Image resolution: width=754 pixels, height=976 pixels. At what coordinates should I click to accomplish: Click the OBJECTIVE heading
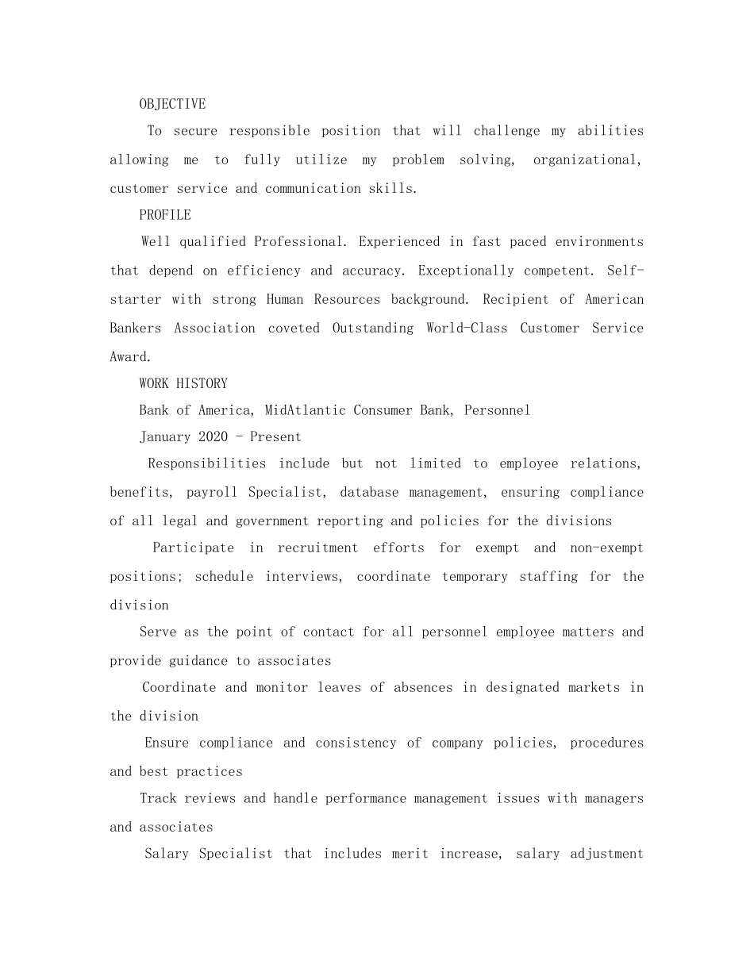tap(172, 104)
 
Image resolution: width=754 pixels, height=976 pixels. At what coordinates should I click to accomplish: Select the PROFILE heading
tap(165, 215)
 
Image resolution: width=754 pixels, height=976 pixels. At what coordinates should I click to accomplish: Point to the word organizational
tap(587, 159)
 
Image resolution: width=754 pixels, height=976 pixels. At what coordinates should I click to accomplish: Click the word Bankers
tap(136, 328)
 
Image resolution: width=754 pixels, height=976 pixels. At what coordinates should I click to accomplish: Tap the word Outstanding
tap(372, 328)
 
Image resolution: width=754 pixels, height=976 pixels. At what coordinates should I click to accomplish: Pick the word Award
tap(129, 356)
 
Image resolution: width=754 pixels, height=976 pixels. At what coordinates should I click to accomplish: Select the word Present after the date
tap(275, 436)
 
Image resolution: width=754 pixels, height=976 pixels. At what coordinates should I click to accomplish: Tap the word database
tap(369, 492)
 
